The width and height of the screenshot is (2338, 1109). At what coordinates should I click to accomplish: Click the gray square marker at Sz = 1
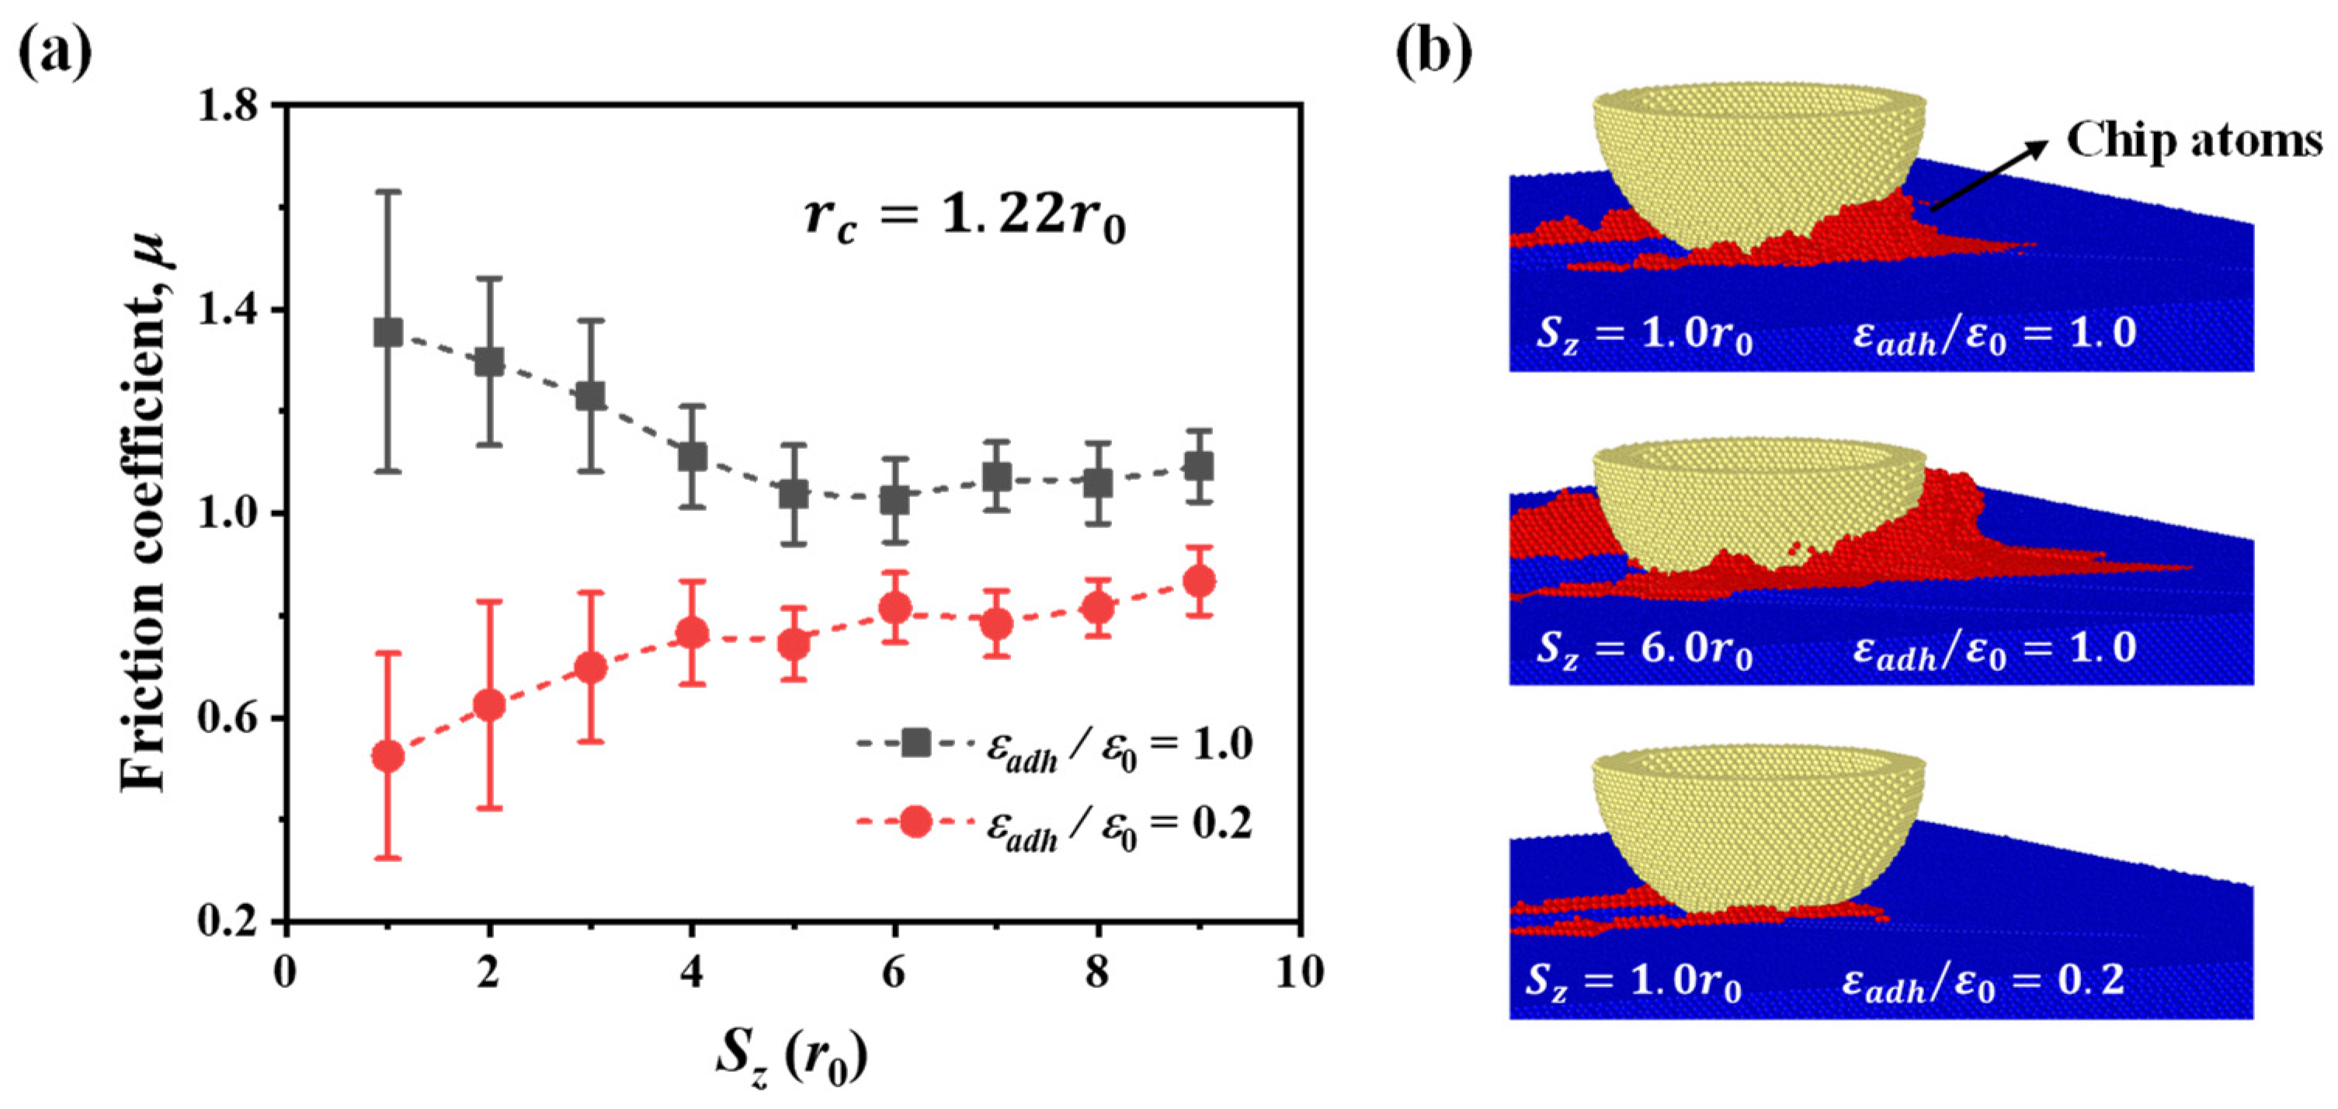(388, 332)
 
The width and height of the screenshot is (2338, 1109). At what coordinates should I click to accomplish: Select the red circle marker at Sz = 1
(388, 756)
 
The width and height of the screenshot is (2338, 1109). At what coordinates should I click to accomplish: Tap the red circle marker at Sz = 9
(1200, 581)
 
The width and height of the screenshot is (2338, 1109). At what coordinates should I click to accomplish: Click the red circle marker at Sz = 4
(693, 632)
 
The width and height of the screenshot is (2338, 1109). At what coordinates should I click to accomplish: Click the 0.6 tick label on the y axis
(227, 718)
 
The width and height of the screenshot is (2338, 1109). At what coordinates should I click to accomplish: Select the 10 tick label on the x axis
(1300, 973)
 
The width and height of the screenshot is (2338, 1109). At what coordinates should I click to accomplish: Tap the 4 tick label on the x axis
(692, 973)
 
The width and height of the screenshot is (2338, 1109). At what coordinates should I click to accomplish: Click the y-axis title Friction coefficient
(145, 513)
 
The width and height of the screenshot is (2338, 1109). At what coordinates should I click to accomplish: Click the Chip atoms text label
(2193, 141)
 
